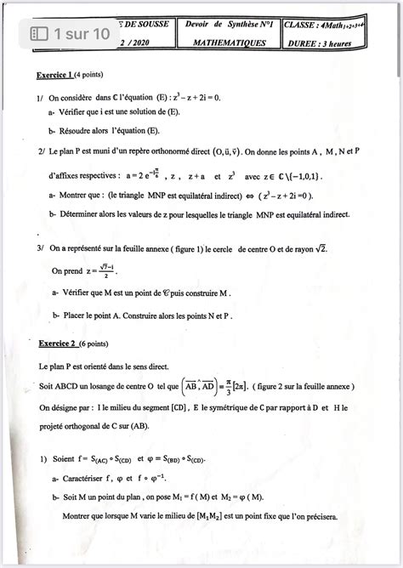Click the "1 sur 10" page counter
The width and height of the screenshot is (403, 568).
71,34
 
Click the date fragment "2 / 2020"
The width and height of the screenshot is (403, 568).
134,40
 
